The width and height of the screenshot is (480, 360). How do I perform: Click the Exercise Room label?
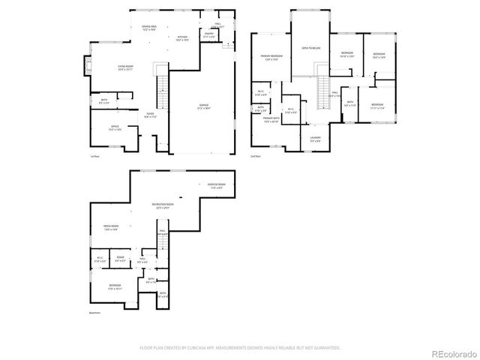[x=218, y=184]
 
